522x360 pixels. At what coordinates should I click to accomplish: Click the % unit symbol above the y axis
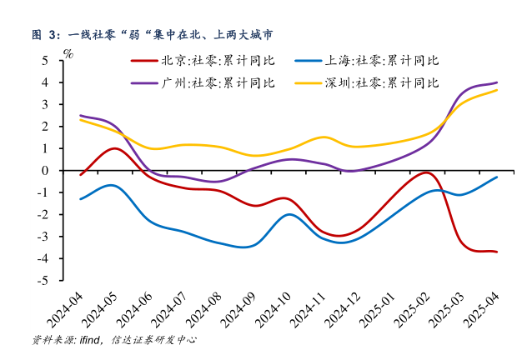(x=68, y=53)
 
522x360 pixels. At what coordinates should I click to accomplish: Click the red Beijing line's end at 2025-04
(x=498, y=252)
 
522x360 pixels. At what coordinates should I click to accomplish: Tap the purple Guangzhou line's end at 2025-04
(x=498, y=82)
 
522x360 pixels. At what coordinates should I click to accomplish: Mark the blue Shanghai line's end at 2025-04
(x=498, y=177)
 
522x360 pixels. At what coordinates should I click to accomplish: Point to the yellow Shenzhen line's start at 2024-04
(x=80, y=120)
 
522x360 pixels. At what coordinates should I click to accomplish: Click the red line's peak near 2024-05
(x=115, y=148)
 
